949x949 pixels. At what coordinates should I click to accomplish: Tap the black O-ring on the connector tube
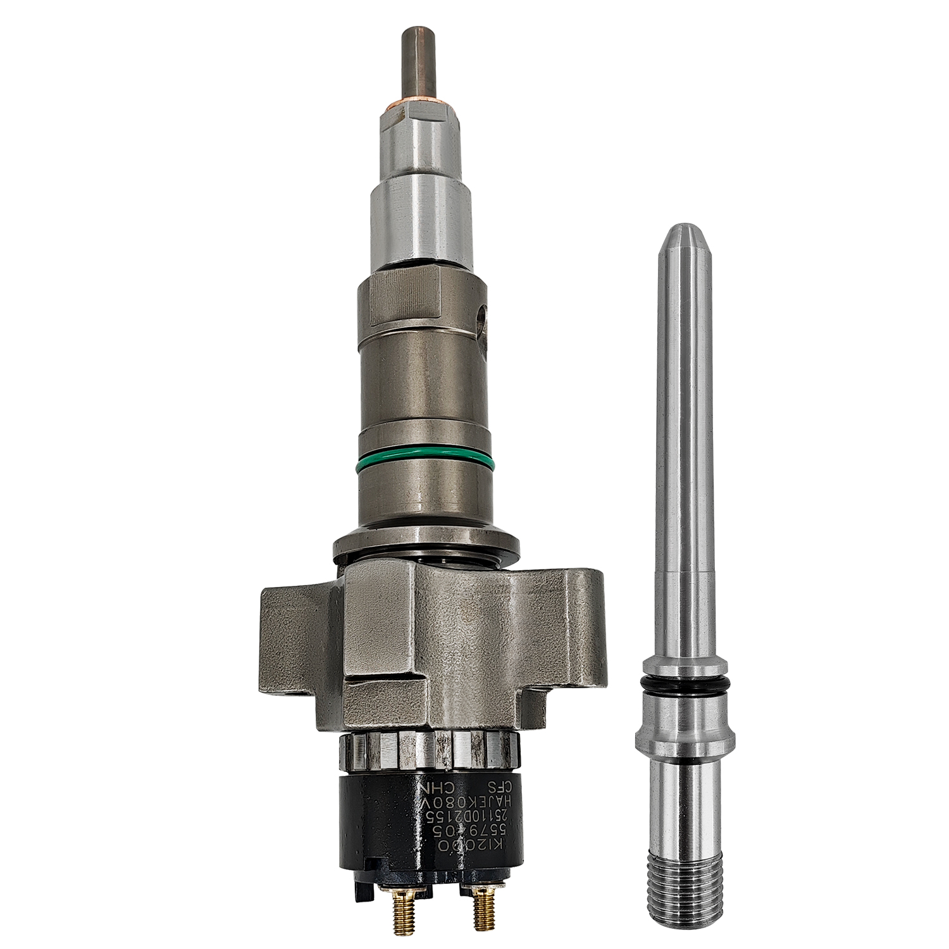point(688,684)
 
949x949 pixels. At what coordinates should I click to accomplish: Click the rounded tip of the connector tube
point(685,237)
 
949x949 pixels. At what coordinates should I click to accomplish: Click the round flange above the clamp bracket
point(427,546)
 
